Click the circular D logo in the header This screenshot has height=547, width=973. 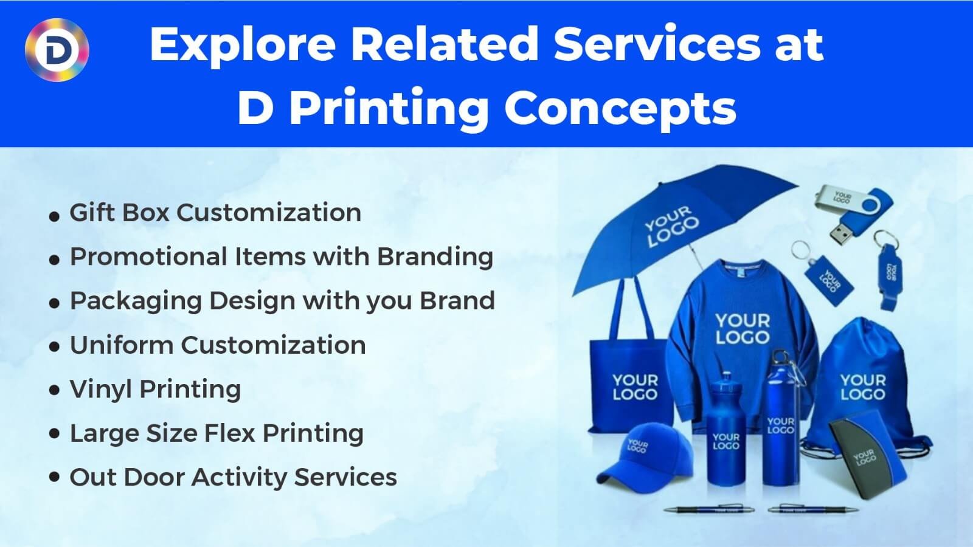(x=57, y=49)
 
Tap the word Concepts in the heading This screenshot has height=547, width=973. (x=620, y=109)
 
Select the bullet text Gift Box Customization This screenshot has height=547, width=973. (x=215, y=213)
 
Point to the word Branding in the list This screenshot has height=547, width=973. (x=435, y=256)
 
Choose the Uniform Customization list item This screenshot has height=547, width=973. (x=217, y=345)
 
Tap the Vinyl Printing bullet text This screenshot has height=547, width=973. (x=155, y=390)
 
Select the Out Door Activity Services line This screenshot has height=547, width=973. (x=233, y=478)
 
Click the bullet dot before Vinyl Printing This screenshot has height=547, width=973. (x=55, y=390)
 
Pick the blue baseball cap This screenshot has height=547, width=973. (x=642, y=456)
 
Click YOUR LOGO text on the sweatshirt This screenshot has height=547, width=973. (x=742, y=329)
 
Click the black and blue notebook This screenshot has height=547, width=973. (x=867, y=453)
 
